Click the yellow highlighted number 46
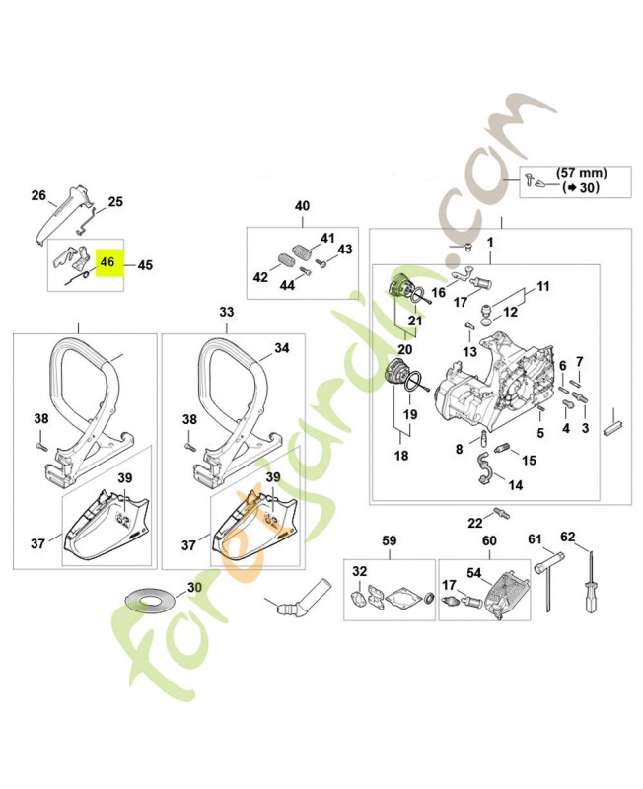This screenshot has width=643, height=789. pos(107,263)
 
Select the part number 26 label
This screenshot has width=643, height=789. pos(38,195)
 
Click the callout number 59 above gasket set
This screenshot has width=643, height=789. pos(389,540)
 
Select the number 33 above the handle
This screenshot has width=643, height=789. pos(227,312)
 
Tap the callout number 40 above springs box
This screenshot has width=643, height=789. pos(302,206)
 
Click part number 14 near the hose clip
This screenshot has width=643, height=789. pos(516,486)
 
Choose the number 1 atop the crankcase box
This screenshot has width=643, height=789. pos(489,242)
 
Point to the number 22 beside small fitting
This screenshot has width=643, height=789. pos(475,522)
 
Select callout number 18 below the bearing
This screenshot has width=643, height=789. pos(402,456)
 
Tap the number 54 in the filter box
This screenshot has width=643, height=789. pos(473,573)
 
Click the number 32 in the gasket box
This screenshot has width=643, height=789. pos(359,573)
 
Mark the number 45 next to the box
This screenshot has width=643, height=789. pos(145,264)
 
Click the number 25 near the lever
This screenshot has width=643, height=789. pos(115,202)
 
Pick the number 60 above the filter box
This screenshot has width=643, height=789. pos(488,540)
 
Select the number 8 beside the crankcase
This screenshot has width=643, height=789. pos(459,449)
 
